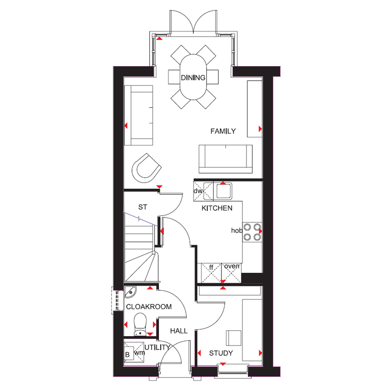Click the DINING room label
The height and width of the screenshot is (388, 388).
(193, 78)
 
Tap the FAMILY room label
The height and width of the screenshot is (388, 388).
(223, 131)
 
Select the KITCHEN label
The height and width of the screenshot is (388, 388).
(217, 208)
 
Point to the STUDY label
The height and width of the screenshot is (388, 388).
(221, 353)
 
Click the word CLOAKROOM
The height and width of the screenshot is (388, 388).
(149, 307)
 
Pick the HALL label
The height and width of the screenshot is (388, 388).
(179, 331)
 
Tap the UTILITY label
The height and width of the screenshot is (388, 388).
(157, 347)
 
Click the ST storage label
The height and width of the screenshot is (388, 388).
(143, 207)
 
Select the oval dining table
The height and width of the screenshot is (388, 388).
(193, 77)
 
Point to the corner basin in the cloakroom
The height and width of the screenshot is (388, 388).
(130, 292)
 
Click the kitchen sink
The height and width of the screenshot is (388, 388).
(223, 191)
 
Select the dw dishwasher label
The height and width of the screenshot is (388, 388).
(198, 191)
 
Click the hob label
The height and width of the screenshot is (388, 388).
(237, 230)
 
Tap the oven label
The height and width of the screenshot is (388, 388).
(232, 266)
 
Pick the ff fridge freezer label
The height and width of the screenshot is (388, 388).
(211, 267)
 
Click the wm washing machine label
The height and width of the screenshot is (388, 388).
(139, 353)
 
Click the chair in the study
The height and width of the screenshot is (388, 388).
(234, 338)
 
